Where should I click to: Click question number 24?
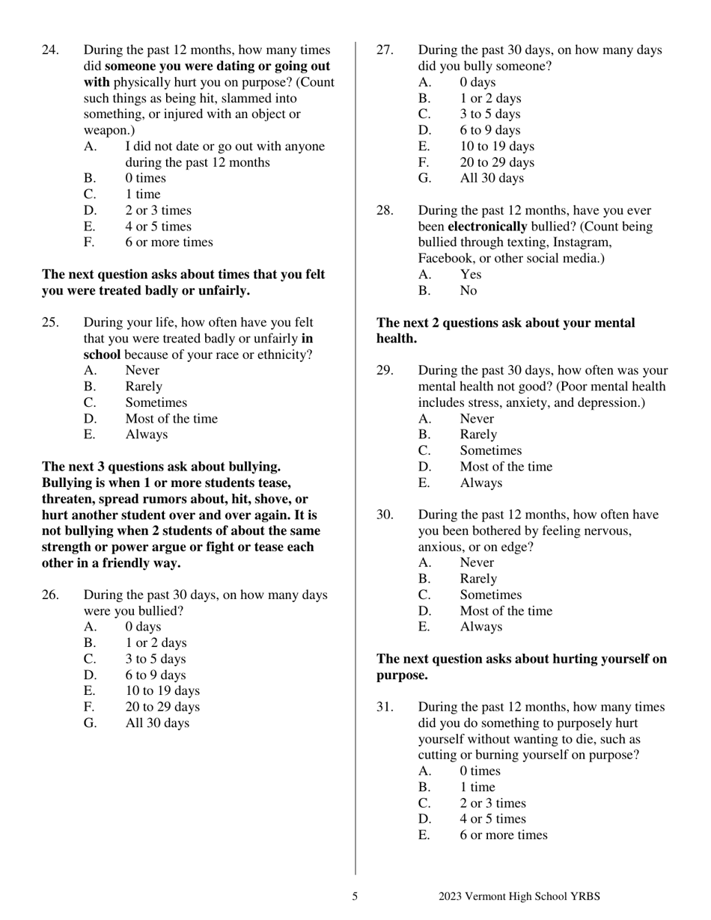click(49, 50)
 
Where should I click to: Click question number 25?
click(49, 322)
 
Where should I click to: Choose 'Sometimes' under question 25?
click(156, 402)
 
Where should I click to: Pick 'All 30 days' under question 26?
click(157, 723)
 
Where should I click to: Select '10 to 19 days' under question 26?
click(162, 690)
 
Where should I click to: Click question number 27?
click(384, 50)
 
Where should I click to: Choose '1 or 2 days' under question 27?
click(490, 98)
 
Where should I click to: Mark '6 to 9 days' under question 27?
click(489, 130)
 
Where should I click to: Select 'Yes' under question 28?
click(470, 275)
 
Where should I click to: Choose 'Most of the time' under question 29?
click(506, 467)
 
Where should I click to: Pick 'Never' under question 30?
click(477, 562)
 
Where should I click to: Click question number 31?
click(384, 707)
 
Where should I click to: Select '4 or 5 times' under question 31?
click(492, 819)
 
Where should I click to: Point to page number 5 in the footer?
click(355, 896)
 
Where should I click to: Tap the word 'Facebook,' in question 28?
click(447, 259)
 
